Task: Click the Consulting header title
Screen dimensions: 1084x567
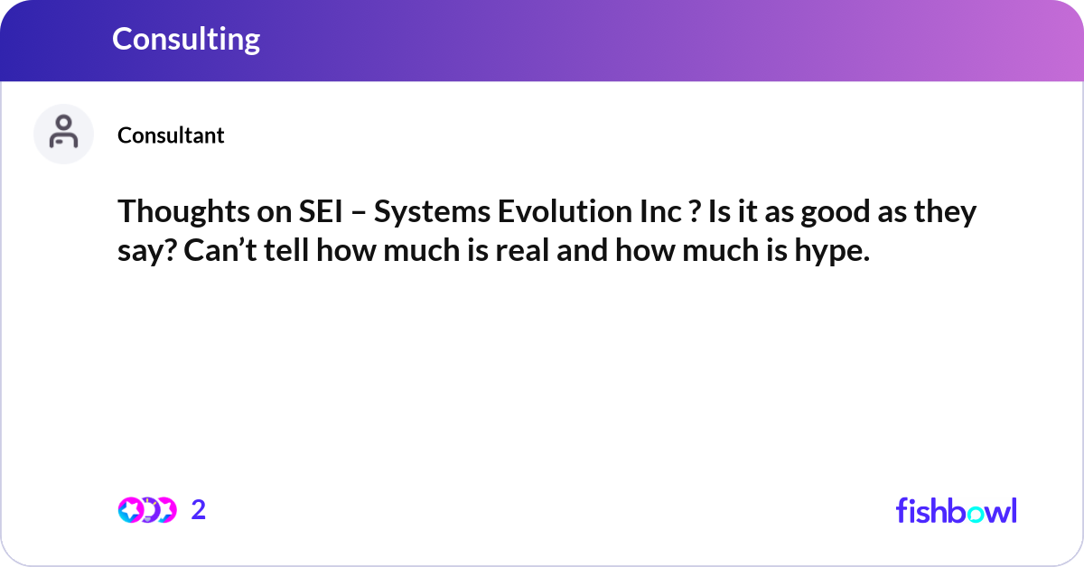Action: point(186,39)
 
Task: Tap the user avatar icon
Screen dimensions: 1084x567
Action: point(63,134)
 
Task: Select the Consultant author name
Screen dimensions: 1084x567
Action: point(171,135)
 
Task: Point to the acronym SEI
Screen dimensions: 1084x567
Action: point(321,211)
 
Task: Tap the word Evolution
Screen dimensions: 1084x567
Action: point(565,211)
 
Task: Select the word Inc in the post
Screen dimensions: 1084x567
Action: point(660,211)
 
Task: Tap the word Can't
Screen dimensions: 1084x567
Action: point(220,250)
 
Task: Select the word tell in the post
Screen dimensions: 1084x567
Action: point(286,250)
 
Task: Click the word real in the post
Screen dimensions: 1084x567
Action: point(522,250)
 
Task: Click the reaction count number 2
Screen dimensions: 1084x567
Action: point(199,510)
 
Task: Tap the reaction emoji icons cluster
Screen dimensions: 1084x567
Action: point(147,510)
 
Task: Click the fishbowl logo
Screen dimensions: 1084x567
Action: point(957,510)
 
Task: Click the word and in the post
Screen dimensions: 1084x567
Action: point(582,250)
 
